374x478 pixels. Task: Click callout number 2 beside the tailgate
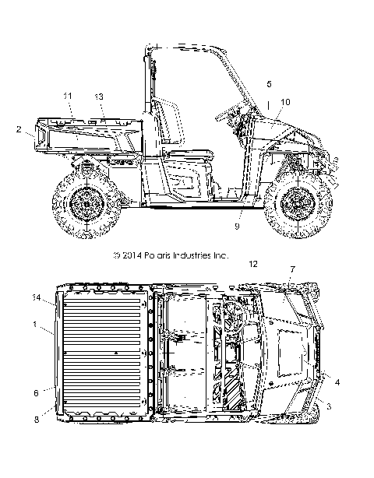coord(19,129)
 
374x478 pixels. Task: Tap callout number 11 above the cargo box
coord(68,96)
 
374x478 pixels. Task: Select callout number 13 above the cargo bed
coord(99,97)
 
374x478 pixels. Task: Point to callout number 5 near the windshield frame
coord(269,84)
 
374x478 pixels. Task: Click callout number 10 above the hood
coord(285,102)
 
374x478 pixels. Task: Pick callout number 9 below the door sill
coord(238,227)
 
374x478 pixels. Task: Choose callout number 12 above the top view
coord(253,264)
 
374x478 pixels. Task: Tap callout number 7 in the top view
coord(292,269)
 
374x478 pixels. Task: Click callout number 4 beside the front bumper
coord(337,382)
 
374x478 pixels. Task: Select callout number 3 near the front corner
coord(329,406)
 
